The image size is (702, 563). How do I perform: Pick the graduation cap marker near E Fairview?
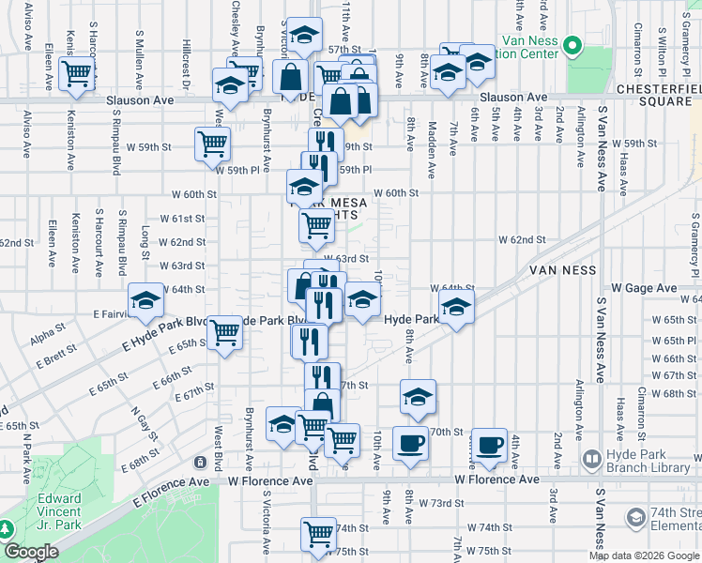click(145, 300)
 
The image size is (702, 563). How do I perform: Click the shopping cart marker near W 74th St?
click(318, 533)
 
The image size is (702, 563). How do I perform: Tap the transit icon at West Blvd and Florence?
click(200, 462)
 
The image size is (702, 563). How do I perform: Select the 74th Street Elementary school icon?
click(635, 517)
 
